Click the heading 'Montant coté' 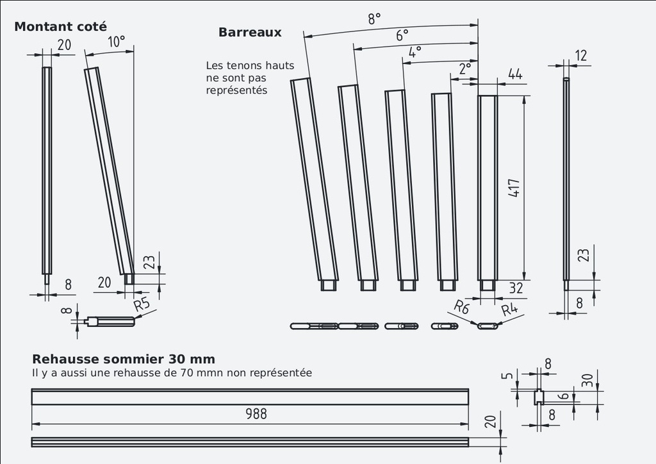pyautogui.click(x=61, y=27)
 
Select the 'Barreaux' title pyautogui.click(x=250, y=32)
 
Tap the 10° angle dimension pyautogui.click(x=117, y=42)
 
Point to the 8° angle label pyautogui.click(x=374, y=19)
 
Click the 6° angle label pyautogui.click(x=402, y=35)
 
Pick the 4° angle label pyautogui.click(x=414, y=52)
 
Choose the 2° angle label pyautogui.click(x=465, y=68)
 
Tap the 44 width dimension pyautogui.click(x=515, y=74)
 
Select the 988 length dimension pyautogui.click(x=256, y=414)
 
